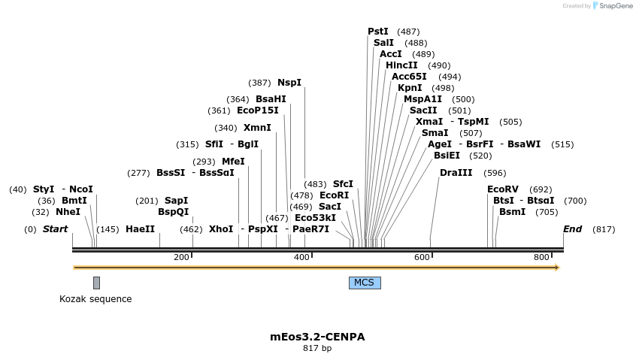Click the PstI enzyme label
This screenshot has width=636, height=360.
point(377,32)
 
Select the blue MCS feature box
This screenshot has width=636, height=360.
point(365,283)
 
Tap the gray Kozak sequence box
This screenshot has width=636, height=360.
point(96,283)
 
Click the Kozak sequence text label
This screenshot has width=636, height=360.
point(95,299)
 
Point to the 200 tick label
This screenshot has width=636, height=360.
point(181,258)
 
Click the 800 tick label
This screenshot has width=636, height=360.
point(542,258)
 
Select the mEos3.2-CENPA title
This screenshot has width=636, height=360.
point(317,337)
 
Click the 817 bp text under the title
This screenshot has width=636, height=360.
point(317,349)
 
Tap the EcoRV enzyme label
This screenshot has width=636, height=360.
point(503,189)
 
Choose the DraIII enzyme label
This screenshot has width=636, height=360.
point(456,173)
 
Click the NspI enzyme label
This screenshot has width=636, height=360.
point(289,83)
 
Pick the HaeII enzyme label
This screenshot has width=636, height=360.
point(140,229)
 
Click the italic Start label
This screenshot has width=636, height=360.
point(55,229)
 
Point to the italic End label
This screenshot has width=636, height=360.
point(572,229)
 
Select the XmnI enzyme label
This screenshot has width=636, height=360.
point(257,128)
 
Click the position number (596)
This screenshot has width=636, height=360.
point(495,173)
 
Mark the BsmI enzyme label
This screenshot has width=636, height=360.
point(513,212)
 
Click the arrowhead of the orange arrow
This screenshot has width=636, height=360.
point(556,268)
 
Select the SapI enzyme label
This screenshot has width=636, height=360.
point(176,201)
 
